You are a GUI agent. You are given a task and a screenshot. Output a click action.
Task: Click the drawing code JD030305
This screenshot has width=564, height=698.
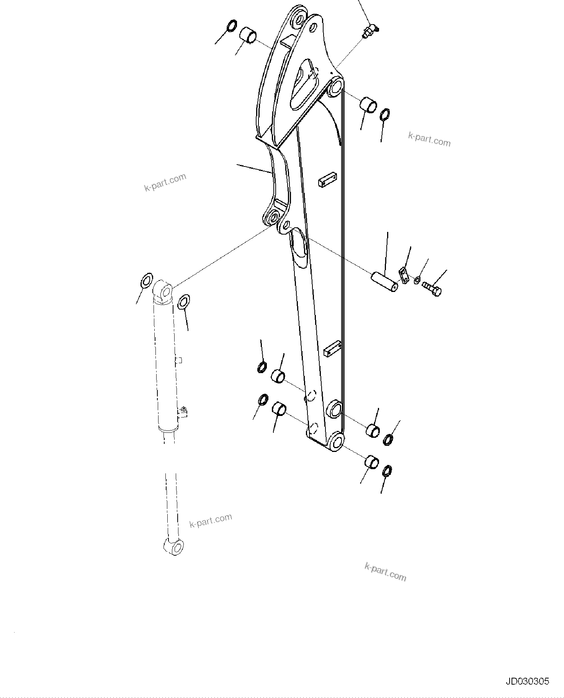click(x=527, y=681)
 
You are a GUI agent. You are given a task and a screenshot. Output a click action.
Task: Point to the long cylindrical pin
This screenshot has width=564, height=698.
click(x=384, y=281)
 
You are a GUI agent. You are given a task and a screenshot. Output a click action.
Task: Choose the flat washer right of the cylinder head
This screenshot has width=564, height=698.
click(x=184, y=302)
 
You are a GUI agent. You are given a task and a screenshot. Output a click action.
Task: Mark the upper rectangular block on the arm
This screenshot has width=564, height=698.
click(x=328, y=180)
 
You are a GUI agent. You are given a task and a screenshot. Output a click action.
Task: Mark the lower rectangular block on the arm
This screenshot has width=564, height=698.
click(x=333, y=348)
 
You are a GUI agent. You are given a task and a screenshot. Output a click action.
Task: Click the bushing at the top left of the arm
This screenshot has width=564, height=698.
click(x=248, y=34)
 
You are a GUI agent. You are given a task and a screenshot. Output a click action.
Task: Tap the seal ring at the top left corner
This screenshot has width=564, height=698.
click(x=232, y=26)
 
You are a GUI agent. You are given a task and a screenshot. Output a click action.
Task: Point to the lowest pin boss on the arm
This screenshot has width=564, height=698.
click(x=336, y=442)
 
